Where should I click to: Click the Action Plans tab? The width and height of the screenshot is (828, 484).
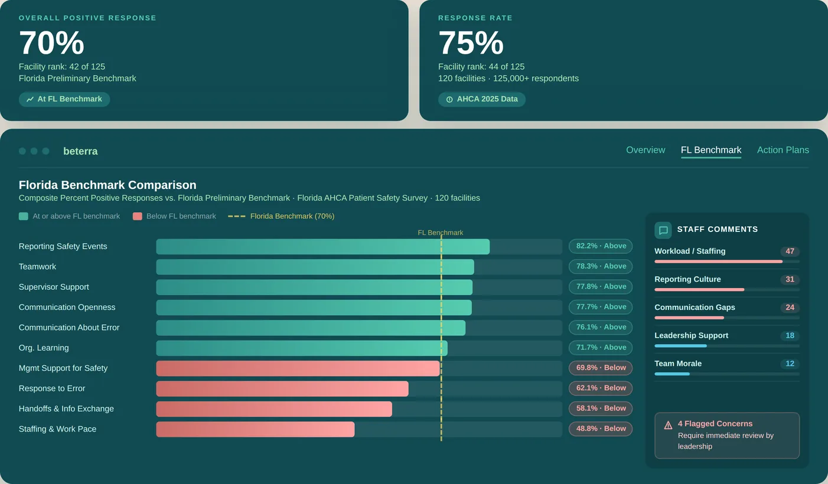[x=783, y=150]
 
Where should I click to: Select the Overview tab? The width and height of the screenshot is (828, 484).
[x=645, y=150]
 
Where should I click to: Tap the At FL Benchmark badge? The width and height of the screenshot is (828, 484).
[x=64, y=99]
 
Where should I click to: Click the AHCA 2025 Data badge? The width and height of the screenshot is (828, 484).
[x=481, y=99]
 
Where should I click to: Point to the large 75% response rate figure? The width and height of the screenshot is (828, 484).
[x=471, y=43]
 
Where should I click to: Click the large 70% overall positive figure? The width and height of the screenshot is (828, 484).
[x=51, y=43]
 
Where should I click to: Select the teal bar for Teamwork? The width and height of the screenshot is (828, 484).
[x=315, y=267]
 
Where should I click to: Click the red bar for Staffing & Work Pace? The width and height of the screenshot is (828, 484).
[x=255, y=429]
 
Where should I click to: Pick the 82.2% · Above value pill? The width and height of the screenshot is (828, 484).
[x=600, y=246]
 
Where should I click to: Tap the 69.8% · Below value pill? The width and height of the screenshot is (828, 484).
[x=600, y=368]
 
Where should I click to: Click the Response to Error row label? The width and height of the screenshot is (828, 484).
[x=52, y=388]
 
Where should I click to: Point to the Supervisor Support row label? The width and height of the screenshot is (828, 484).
[x=54, y=287]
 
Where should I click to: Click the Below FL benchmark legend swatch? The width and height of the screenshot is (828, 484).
[x=138, y=216]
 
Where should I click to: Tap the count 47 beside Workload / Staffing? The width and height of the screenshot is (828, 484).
[x=790, y=251]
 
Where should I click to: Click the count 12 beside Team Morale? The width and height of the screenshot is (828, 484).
[x=790, y=364]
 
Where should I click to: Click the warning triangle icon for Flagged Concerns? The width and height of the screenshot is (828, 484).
[x=668, y=425]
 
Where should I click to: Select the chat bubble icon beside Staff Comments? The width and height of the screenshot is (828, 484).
[x=663, y=230]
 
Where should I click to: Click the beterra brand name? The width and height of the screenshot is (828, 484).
[x=80, y=151]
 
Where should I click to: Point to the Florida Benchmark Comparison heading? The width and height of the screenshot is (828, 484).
[x=107, y=185]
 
